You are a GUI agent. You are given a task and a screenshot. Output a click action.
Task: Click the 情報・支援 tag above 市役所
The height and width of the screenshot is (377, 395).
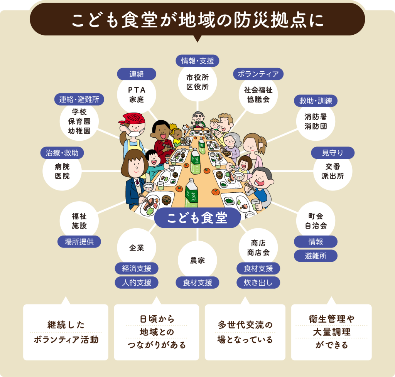(x=197, y=61)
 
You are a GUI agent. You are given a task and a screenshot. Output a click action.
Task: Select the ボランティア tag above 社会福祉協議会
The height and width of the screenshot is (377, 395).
(x=258, y=74)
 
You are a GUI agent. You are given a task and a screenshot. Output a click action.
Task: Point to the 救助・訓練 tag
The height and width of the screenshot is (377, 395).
(x=316, y=101)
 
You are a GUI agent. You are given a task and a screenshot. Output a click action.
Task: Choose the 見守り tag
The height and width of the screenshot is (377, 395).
(x=333, y=153)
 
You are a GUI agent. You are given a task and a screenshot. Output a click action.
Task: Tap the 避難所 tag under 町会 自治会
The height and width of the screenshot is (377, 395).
(x=316, y=256)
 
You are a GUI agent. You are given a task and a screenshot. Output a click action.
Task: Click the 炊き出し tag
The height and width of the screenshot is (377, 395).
(x=258, y=283)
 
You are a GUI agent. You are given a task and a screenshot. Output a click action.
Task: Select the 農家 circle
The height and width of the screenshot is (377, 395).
(x=197, y=261)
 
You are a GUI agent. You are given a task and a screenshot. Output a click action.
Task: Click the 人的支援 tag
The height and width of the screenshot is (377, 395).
(x=137, y=283)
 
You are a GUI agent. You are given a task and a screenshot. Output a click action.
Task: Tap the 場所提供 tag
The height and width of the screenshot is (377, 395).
(x=79, y=242)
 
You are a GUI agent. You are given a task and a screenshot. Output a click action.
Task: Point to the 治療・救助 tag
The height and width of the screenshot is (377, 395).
(x=62, y=153)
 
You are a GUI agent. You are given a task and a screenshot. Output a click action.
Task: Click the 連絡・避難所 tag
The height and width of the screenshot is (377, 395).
(x=79, y=99)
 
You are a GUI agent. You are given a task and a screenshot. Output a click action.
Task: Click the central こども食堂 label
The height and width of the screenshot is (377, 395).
(x=197, y=218)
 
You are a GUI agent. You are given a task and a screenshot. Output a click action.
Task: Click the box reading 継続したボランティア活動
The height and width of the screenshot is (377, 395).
(x=66, y=332)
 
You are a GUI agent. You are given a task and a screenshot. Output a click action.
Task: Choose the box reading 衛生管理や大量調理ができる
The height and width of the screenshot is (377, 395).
(x=331, y=332)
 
